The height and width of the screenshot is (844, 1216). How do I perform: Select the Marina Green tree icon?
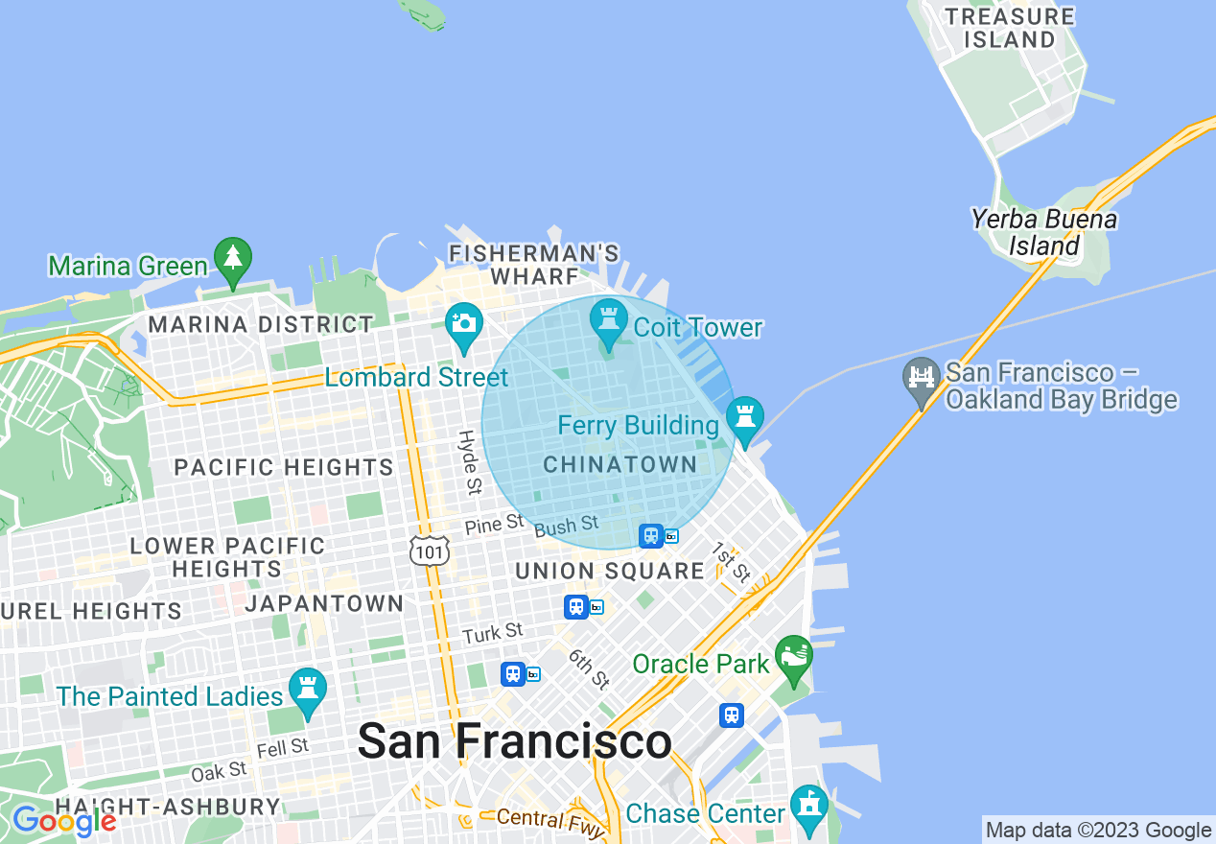point(232,257)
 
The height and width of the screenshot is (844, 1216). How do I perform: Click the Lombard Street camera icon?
point(464,321)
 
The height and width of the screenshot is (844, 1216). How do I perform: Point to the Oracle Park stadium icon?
point(794,655)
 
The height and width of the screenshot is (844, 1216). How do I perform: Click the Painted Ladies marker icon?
point(308,688)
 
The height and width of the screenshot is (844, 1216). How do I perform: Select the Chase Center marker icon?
point(809,805)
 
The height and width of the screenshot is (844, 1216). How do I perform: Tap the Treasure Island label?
point(1009,28)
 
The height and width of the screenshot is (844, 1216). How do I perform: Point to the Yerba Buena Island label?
point(1043,233)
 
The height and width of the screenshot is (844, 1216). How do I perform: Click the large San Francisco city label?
point(514,741)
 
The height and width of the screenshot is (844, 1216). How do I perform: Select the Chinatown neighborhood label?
point(620,465)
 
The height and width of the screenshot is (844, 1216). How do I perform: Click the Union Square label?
point(610,572)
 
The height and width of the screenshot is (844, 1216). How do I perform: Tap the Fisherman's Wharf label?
point(535,265)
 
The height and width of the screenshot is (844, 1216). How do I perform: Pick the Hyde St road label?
point(469,462)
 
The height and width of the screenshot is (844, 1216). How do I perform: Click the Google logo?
point(63,821)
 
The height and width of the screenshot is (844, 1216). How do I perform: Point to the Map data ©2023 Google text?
point(1098,831)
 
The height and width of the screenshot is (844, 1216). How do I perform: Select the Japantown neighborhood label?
point(324,603)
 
